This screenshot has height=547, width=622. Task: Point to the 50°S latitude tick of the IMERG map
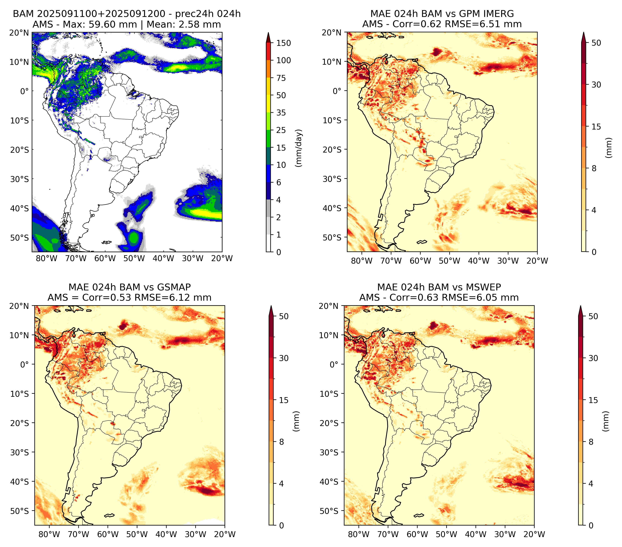point(332,237)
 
